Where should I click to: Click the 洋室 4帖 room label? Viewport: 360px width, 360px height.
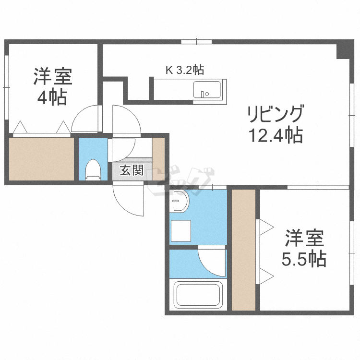coord(52,87)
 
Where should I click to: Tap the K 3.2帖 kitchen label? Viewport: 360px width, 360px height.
coord(185,70)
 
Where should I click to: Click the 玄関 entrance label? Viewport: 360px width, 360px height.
coord(131,170)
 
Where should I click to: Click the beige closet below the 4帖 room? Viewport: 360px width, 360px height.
coord(42,159)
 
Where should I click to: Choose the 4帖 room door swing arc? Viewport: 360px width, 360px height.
coord(85,120)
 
